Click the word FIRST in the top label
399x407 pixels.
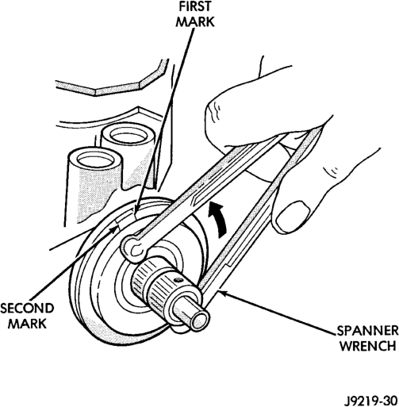(195, 6)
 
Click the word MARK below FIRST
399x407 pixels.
(195, 21)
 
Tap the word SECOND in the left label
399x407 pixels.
(27, 309)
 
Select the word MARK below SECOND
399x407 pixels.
(27, 324)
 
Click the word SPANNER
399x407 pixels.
(367, 331)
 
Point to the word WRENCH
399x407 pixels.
(367, 346)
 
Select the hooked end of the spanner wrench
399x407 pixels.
(133, 248)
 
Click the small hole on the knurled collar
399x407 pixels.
(179, 279)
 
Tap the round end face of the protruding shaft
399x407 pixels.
(200, 321)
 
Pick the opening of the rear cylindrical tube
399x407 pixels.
(129, 137)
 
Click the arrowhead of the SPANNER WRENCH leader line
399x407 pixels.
(222, 293)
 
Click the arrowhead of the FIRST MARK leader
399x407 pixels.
(136, 209)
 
